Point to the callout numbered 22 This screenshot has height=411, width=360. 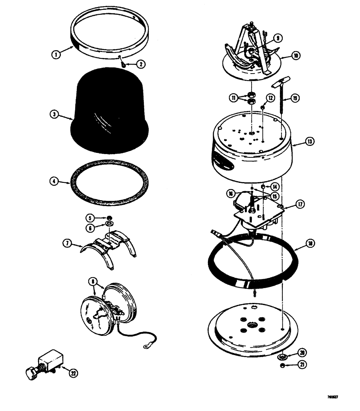point(74,373)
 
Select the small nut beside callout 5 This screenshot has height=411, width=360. point(110,217)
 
